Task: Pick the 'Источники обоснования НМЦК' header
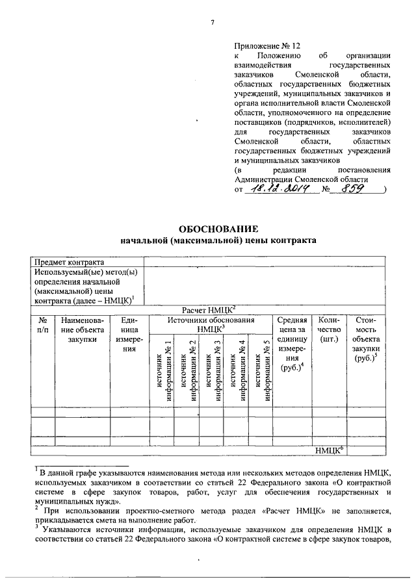pos(211,325)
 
